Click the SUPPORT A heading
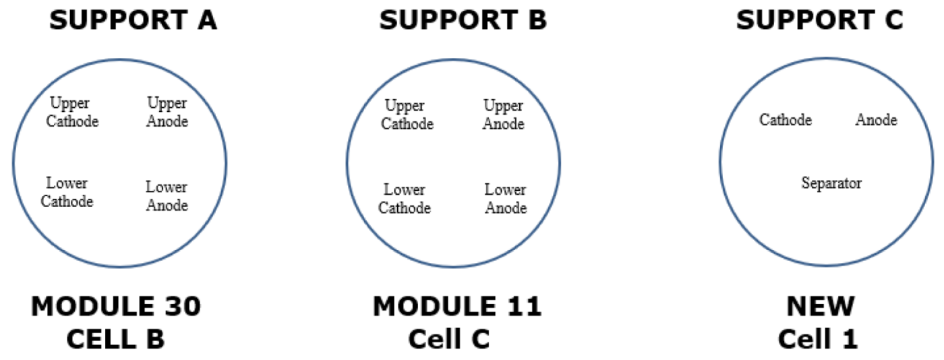(x=133, y=20)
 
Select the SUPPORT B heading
(x=463, y=20)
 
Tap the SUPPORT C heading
(x=819, y=20)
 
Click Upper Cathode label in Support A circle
(x=72, y=113)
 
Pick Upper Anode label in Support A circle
(x=167, y=113)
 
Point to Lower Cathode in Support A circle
(x=67, y=192)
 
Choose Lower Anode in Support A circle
(x=167, y=196)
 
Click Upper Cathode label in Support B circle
(x=407, y=115)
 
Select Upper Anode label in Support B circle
(x=504, y=115)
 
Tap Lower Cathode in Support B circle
(x=405, y=199)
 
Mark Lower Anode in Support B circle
(x=506, y=199)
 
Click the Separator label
(x=831, y=183)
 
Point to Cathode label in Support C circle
(x=786, y=121)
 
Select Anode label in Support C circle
(x=877, y=121)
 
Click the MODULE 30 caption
(x=115, y=307)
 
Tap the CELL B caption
(x=115, y=339)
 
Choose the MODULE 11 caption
(x=457, y=307)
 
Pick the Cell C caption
(x=449, y=339)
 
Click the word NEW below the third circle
(x=821, y=307)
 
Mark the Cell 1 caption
(x=818, y=339)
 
